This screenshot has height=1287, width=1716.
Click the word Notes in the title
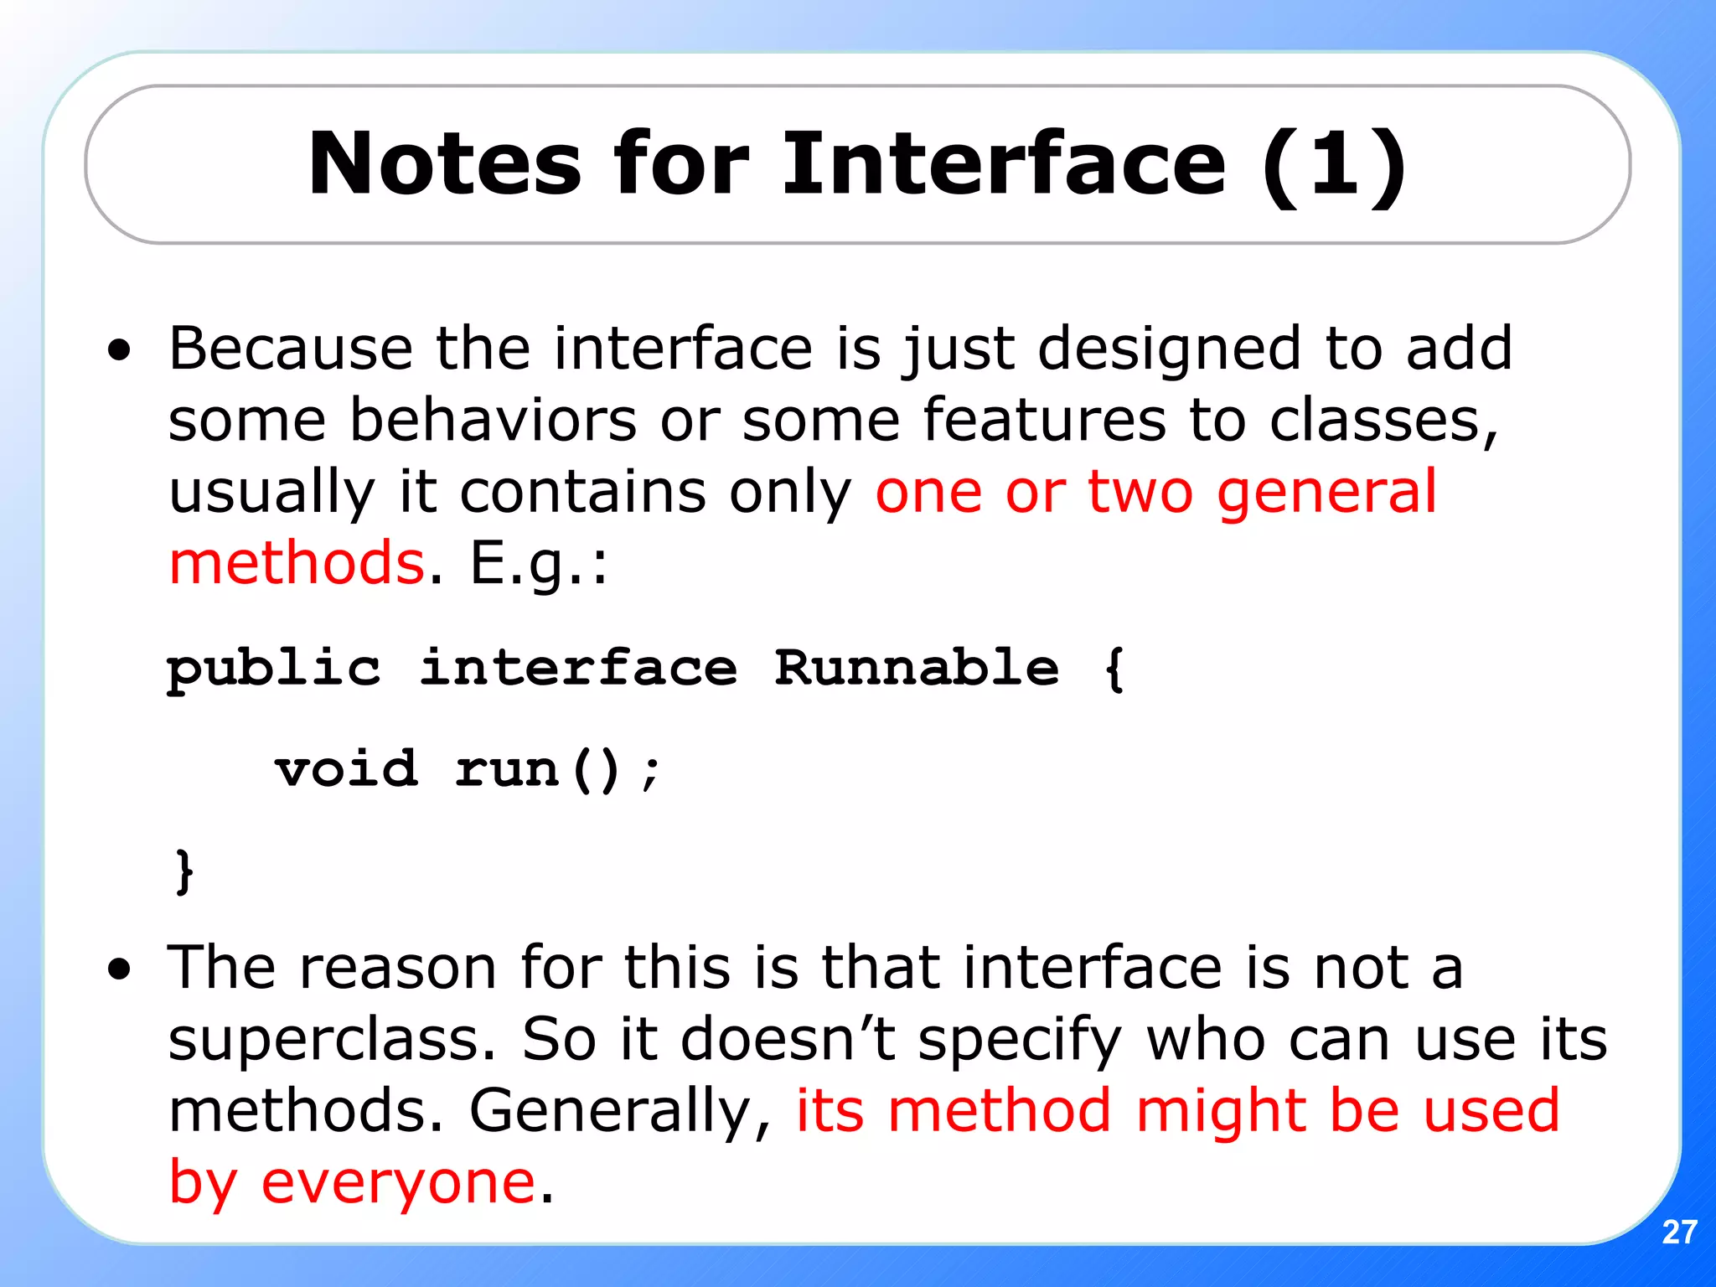(444, 164)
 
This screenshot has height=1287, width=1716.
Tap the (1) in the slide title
(1334, 164)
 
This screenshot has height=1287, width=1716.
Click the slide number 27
(1679, 1233)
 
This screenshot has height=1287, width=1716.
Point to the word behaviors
(494, 420)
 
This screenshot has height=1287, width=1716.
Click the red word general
(1326, 494)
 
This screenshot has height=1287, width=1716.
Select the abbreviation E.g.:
(539, 565)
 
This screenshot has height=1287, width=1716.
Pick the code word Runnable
(916, 668)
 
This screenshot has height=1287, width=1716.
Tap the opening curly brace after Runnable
(1114, 669)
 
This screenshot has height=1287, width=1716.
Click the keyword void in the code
(346, 768)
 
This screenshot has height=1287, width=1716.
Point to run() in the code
(537, 770)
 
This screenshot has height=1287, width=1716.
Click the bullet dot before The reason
(120, 969)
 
